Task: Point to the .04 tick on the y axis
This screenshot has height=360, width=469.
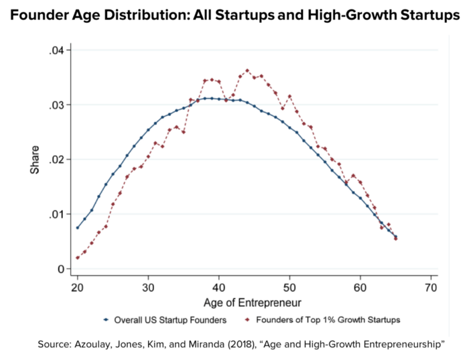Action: coord(56,51)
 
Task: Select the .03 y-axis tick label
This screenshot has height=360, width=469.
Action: coord(56,105)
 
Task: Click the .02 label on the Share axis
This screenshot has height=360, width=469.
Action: coord(56,160)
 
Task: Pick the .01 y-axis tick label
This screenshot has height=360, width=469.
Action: coord(56,215)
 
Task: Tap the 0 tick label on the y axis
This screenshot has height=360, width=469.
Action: coord(60,269)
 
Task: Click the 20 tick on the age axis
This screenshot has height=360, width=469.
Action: coord(77,288)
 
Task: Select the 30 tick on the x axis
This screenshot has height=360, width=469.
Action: coord(148,288)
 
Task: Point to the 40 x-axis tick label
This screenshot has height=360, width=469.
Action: coord(219,288)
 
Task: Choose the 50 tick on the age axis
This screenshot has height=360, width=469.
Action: coord(289,288)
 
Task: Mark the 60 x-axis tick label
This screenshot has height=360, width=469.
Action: coord(360,288)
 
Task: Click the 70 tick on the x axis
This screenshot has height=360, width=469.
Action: coord(431,288)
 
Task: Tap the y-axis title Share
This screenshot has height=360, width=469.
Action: coord(34,160)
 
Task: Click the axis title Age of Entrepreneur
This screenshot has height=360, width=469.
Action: coord(254,302)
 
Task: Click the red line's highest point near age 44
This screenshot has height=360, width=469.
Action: coord(247,70)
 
